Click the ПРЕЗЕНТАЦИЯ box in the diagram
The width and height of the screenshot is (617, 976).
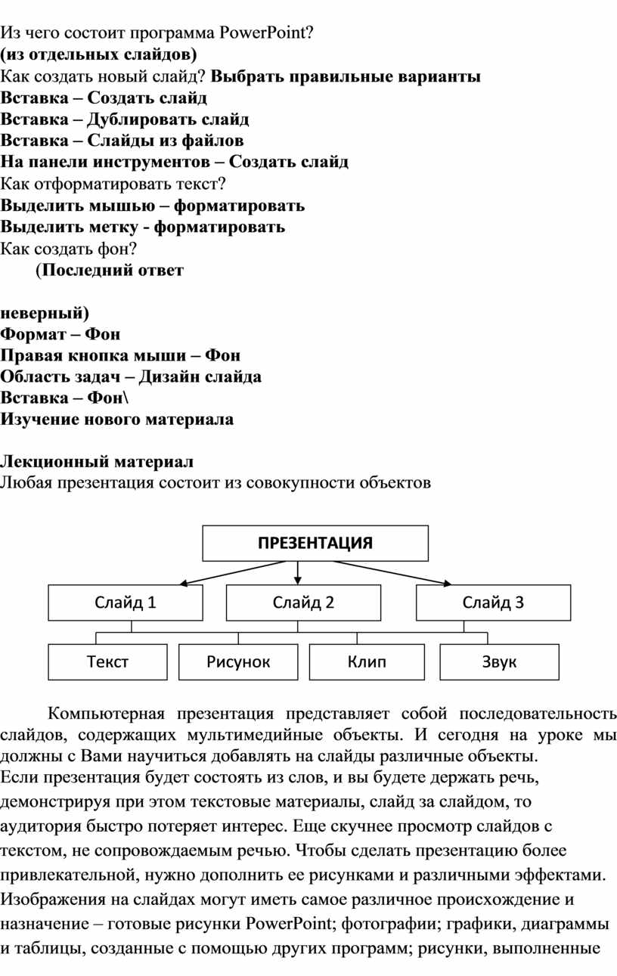(x=315, y=543)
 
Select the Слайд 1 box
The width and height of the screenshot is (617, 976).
(x=126, y=603)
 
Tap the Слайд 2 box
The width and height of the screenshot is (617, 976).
(x=303, y=603)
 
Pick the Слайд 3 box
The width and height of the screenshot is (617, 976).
(x=493, y=603)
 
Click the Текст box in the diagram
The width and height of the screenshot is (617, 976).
(x=107, y=662)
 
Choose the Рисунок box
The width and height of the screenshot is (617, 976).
(x=238, y=662)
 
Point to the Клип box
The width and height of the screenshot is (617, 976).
(x=367, y=662)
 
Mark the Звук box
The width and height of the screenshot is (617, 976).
(x=499, y=662)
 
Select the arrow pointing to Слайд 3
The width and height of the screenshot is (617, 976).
(x=386, y=572)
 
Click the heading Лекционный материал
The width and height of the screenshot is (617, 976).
(x=97, y=461)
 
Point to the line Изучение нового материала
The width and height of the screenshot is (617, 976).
(x=117, y=420)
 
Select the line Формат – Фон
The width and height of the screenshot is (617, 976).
(x=60, y=333)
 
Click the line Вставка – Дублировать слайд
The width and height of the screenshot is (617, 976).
(x=125, y=119)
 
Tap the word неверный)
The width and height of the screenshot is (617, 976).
(x=44, y=311)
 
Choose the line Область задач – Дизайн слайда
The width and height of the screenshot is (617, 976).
(x=131, y=376)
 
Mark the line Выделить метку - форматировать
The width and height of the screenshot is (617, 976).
(x=143, y=227)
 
